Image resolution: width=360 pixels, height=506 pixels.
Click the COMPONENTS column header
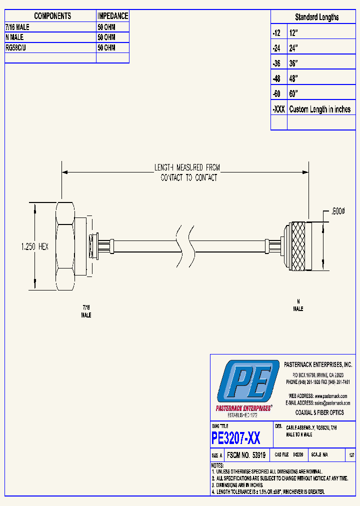pos(52,16)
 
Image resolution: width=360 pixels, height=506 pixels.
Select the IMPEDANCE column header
pos(112,16)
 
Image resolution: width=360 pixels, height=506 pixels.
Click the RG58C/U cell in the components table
pos(18,47)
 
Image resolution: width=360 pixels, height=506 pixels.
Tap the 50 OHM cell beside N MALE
pos(106,37)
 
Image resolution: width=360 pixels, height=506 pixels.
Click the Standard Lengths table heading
pos(316,17)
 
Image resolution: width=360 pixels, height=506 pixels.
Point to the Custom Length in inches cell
pos(320,109)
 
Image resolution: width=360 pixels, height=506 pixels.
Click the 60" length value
pos(293,94)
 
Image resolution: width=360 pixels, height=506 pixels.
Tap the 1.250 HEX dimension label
pos(35,246)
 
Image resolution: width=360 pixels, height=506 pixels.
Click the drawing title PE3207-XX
pos(236,438)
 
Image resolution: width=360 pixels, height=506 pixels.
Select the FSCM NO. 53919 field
pos(245,455)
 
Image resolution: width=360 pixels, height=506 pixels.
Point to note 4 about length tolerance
pos(269,492)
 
